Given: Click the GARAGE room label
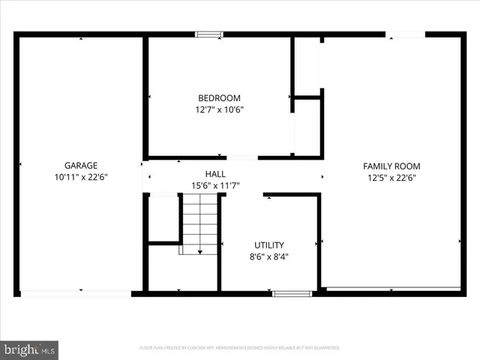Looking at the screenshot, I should click(x=80, y=166).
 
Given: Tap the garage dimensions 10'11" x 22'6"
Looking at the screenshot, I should click(x=80, y=178).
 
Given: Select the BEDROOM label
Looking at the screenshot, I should click(x=219, y=97).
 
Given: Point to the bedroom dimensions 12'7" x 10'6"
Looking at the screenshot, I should click(x=219, y=109).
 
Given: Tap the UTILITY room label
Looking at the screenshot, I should click(x=269, y=244).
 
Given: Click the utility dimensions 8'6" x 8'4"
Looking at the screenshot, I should click(x=269, y=256).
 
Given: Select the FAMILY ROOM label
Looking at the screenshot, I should click(x=391, y=166).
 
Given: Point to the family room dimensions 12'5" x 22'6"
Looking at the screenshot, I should click(x=391, y=178).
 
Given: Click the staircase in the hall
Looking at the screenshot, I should click(x=199, y=222).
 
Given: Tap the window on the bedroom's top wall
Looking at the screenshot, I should click(x=209, y=34).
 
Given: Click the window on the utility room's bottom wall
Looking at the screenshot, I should click(x=292, y=293).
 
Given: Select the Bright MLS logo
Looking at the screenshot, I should click(x=30, y=349).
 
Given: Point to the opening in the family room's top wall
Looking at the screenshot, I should click(x=405, y=34).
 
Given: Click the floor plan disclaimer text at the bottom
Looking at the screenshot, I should click(x=240, y=348).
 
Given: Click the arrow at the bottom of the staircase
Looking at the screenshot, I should click(x=199, y=252).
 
